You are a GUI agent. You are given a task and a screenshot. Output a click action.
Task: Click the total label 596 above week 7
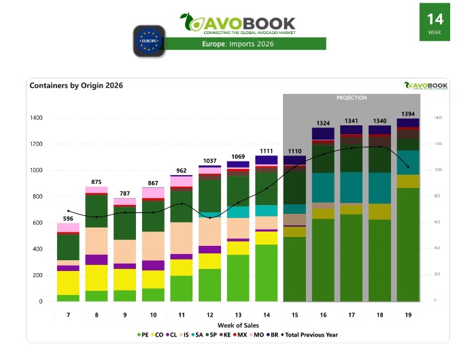[68, 218]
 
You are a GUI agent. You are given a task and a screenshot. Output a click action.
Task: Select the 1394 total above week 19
[408, 113]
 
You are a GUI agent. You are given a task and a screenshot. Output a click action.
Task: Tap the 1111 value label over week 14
[267, 151]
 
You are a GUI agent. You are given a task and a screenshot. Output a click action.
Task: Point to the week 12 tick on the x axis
[209, 315]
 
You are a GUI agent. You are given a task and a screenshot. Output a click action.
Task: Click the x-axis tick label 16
[323, 315]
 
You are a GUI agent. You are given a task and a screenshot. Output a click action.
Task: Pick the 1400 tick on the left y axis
[35, 118]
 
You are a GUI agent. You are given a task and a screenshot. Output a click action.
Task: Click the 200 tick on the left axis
[38, 275]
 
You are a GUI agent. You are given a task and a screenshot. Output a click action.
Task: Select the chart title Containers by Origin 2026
[76, 86]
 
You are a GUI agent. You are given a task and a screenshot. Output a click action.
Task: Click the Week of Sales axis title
[237, 326]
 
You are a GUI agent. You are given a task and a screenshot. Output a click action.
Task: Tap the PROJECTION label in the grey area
[352, 98]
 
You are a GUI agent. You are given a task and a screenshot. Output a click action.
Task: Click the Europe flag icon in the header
[149, 40]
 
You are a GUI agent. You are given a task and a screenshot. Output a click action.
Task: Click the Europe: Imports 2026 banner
[245, 44]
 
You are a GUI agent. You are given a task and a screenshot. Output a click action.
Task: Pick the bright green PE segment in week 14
[267, 272]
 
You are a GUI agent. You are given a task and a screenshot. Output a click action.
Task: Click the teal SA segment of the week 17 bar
[352, 187]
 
